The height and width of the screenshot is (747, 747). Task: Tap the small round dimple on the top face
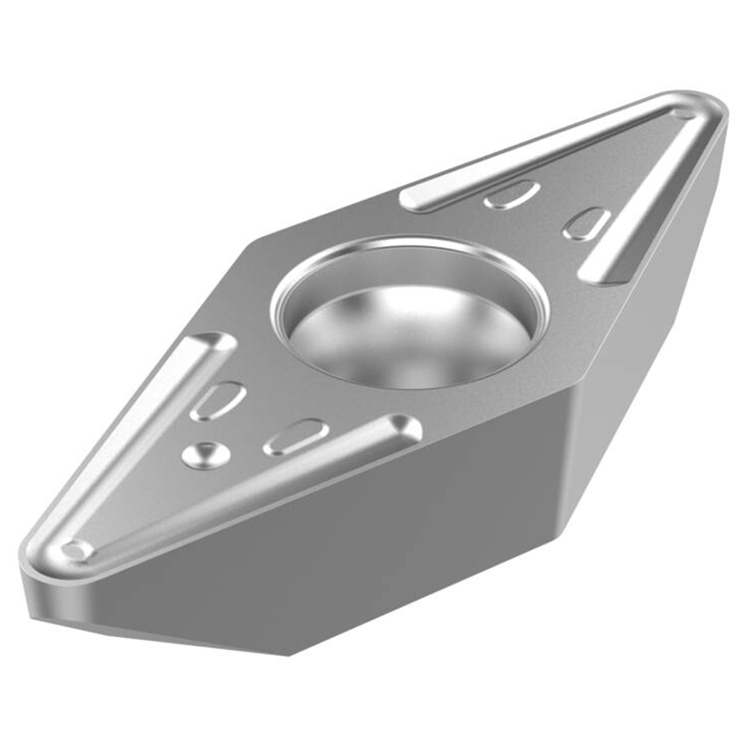pyautogui.click(x=205, y=453)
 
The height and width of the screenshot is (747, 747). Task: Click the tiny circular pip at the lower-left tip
pyautogui.click(x=76, y=550)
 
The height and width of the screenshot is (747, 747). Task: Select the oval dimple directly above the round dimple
pyautogui.click(x=218, y=400)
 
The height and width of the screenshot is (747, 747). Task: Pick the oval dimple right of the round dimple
pyautogui.click(x=296, y=436)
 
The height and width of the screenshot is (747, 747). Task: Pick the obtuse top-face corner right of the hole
pyautogui.click(x=575, y=383)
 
